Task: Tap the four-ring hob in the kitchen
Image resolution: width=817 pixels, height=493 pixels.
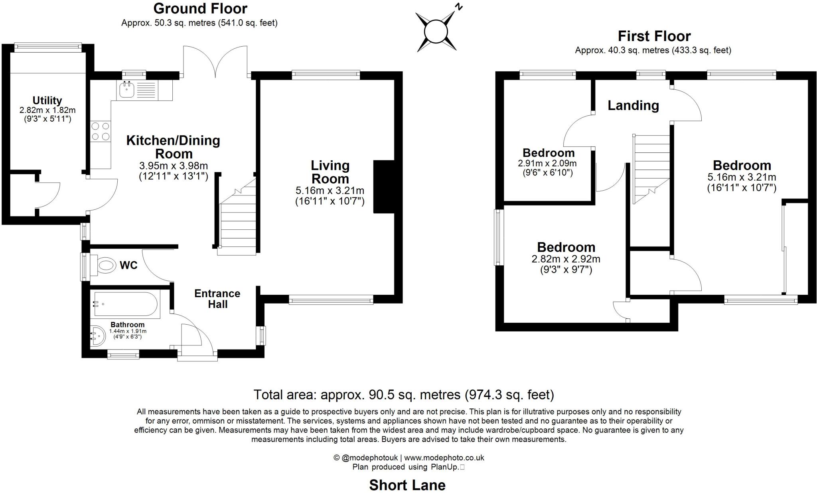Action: pyautogui.click(x=100, y=131)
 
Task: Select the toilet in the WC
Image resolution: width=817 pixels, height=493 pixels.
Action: pyautogui.click(x=105, y=265)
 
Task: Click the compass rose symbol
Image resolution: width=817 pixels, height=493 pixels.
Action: pyautogui.click(x=436, y=31)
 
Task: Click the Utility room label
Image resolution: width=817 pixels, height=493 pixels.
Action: pyautogui.click(x=47, y=101)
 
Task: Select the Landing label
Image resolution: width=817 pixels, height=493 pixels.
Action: pyautogui.click(x=633, y=105)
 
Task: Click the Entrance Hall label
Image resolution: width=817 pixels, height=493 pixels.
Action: pyautogui.click(x=217, y=299)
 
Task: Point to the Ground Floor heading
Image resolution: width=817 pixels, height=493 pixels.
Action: pyautogui.click(x=200, y=8)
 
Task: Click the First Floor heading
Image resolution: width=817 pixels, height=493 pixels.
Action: pyautogui.click(x=654, y=36)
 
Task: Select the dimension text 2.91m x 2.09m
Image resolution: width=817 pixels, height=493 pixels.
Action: pyautogui.click(x=547, y=163)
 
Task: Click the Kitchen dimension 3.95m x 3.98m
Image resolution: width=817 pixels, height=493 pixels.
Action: pyautogui.click(x=174, y=166)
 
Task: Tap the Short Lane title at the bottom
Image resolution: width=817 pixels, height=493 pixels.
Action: pyautogui.click(x=407, y=485)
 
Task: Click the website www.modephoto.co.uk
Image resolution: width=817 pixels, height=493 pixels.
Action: pyautogui.click(x=444, y=458)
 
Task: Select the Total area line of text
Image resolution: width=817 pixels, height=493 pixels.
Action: pyautogui.click(x=404, y=394)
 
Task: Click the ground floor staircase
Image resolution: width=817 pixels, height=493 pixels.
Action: pyautogui.click(x=237, y=223)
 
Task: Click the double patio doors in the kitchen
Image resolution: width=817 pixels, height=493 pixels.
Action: pyautogui.click(x=215, y=62)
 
